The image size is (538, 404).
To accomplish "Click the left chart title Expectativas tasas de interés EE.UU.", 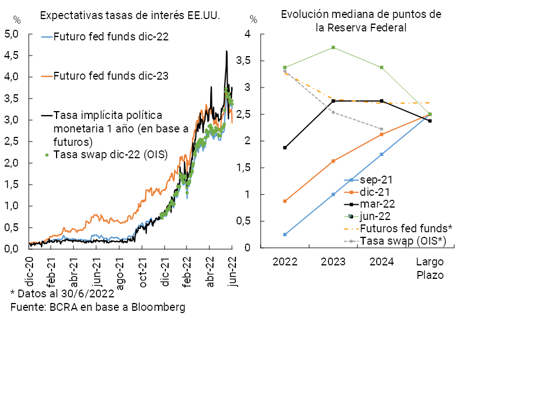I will coord(130,15).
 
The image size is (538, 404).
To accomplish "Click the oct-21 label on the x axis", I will coord(143,274).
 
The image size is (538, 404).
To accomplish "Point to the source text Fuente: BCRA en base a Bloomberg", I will coord(98,307).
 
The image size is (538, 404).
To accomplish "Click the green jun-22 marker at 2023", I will coord(333,47).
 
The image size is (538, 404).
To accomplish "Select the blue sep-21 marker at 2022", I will coord(285,235).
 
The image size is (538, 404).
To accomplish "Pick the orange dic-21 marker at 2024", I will coord(382,134).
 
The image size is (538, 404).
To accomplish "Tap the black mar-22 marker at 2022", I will coord(285,148).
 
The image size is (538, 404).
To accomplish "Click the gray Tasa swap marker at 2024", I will coord(382,129).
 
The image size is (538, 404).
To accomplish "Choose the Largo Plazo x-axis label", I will coord(430,268).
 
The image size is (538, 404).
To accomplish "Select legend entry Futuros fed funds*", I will coord(406,228).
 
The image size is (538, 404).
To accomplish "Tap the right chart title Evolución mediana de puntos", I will coord(361,20).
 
